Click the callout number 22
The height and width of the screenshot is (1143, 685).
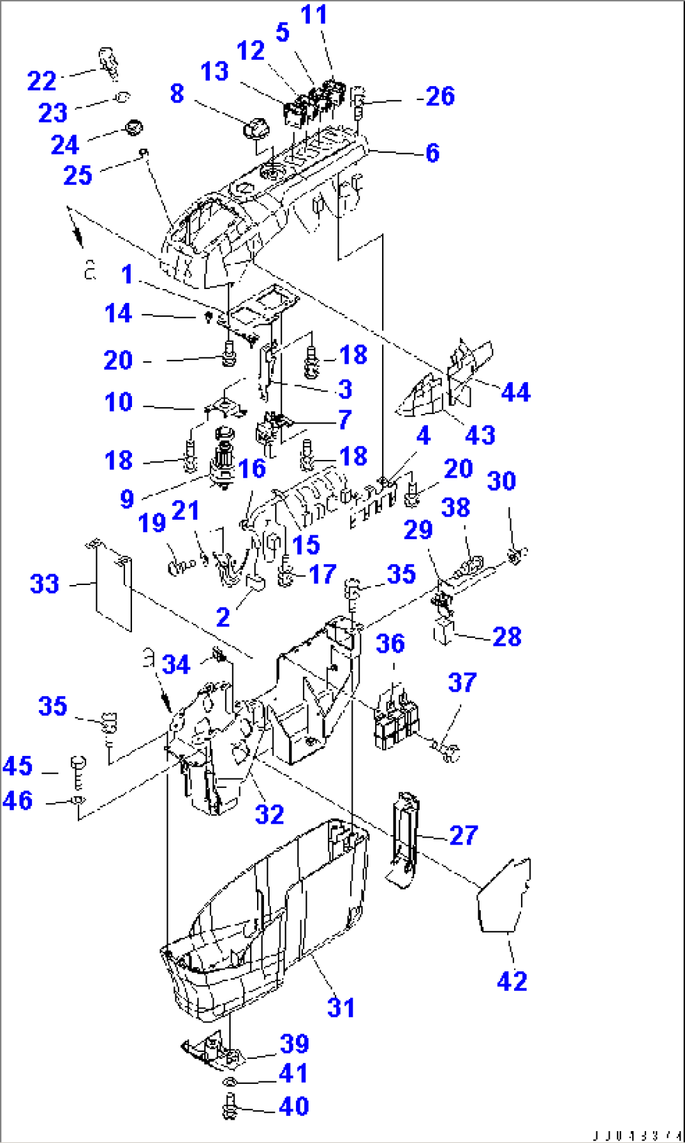click(41, 80)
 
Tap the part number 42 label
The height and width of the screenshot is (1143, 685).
click(512, 980)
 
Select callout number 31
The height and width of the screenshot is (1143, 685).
click(341, 1007)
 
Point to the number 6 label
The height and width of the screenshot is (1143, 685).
click(432, 153)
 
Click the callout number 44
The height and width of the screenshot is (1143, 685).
click(515, 392)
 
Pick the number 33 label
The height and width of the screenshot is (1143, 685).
click(45, 584)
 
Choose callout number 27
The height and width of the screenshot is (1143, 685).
click(463, 835)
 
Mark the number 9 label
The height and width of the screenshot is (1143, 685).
click(126, 499)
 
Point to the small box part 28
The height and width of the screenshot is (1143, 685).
click(443, 630)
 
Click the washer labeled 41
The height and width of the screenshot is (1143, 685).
click(230, 1082)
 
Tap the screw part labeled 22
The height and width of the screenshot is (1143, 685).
click(109, 62)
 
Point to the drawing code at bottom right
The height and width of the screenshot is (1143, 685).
click(635, 1136)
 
